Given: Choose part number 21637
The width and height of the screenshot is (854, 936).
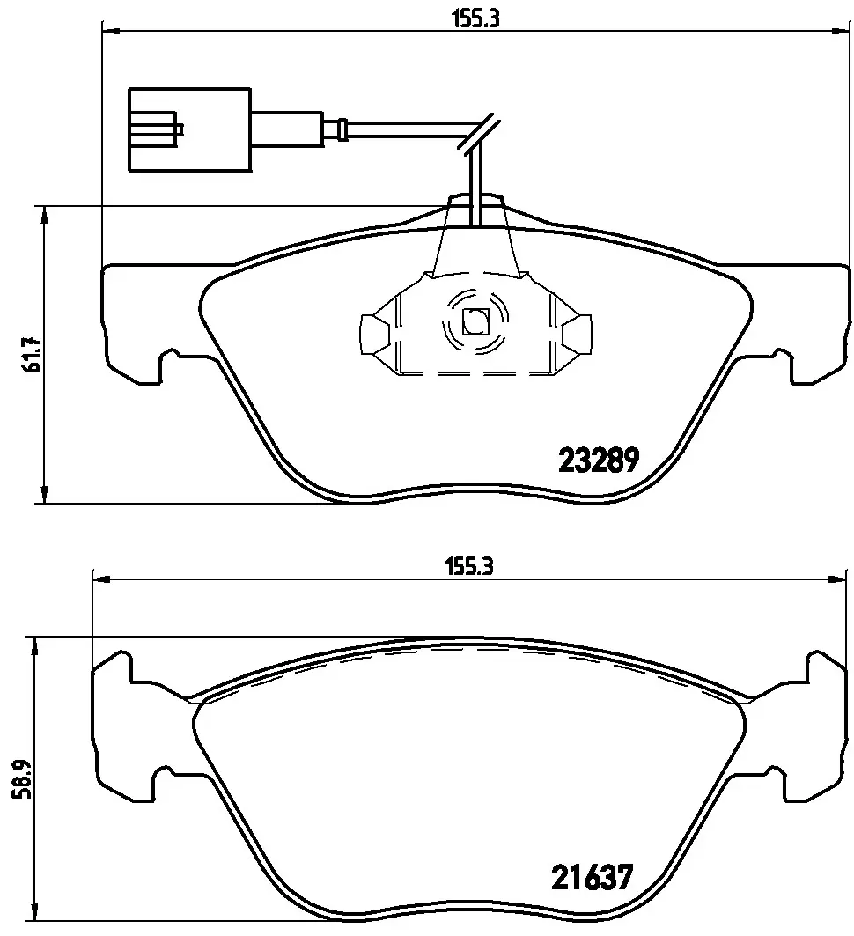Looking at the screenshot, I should point(592,877).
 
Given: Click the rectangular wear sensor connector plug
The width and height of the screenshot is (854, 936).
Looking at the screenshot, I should point(190,130).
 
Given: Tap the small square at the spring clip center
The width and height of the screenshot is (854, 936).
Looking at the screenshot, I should point(475,322).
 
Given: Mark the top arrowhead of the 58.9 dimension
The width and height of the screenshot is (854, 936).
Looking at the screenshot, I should point(34,645).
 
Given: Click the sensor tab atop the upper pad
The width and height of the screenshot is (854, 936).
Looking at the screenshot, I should point(475,211).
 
